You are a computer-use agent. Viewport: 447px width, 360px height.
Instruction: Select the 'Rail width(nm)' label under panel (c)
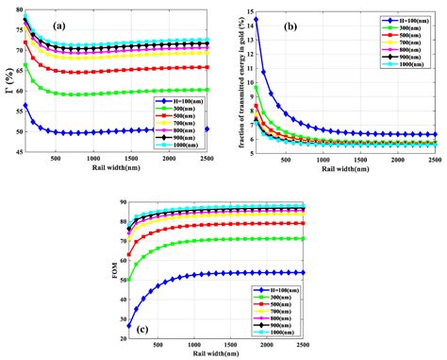(223, 356)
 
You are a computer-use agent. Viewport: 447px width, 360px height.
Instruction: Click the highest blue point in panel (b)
(256, 19)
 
